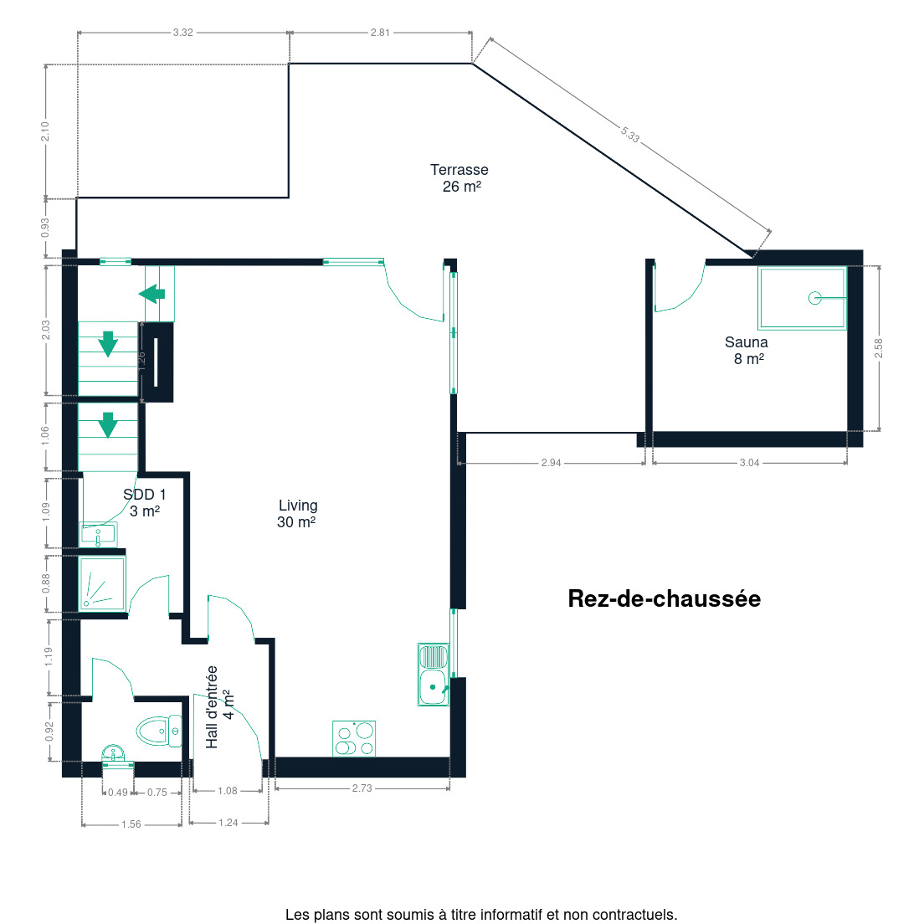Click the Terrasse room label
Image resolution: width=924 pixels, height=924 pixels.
[459, 178]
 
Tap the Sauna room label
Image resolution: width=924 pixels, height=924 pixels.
[747, 350]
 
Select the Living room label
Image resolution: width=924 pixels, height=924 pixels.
[298, 513]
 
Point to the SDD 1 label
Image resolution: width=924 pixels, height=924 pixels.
[144, 503]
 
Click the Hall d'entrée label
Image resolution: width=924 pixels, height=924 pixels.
[219, 706]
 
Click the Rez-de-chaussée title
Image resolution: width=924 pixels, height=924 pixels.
[665, 598]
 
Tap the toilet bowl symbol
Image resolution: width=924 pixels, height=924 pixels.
[159, 731]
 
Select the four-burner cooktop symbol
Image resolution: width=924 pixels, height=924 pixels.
[354, 738]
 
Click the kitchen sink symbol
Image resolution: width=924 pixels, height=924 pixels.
[434, 674]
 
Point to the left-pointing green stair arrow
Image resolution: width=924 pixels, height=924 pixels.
[152, 294]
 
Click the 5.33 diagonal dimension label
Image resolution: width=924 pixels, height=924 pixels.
[630, 135]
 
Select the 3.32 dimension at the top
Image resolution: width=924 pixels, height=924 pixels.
[182, 33]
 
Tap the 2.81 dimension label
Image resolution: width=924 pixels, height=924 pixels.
[380, 33]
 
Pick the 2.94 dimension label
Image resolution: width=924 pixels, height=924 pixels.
[551, 463]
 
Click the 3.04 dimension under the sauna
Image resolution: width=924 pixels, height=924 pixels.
[750, 463]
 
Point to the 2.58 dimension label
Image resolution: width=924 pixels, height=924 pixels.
[879, 347]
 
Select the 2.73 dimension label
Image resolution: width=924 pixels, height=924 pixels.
[362, 788]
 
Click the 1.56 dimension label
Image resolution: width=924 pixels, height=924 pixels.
[131, 824]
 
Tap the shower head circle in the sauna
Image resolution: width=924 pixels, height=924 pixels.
[815, 298]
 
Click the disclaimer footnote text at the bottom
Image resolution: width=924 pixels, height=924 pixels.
[481, 915]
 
